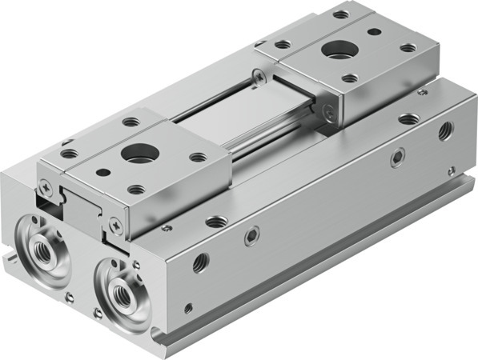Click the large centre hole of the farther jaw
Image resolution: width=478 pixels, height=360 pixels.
pyautogui.click(x=338, y=50)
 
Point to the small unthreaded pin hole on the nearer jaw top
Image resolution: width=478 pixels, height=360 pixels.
pyautogui.click(x=104, y=171)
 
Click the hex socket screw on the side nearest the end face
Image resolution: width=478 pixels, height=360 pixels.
pyautogui.click(x=251, y=234)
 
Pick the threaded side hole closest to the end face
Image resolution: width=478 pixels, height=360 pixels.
pyautogui.click(x=200, y=262)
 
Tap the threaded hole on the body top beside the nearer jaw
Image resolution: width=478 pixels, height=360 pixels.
pyautogui.click(x=215, y=220)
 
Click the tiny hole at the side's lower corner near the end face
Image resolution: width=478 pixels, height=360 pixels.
pyautogui.click(x=188, y=306)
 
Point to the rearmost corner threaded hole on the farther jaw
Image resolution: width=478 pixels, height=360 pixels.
pyautogui.click(x=340, y=14)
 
